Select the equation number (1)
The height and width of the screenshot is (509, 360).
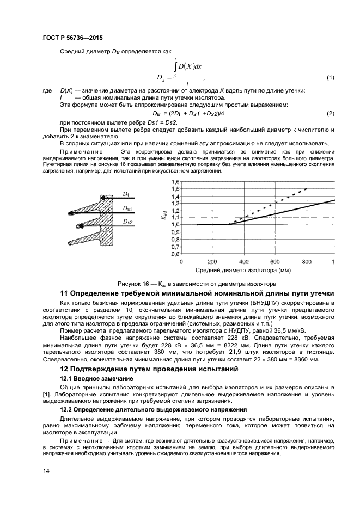pyautogui.click(x=330, y=78)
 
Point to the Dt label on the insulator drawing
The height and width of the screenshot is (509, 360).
pyautogui.click(x=125, y=193)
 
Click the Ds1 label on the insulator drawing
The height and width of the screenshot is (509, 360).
pyautogui.click(x=126, y=208)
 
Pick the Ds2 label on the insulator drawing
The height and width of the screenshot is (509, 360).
pyautogui.click(x=126, y=222)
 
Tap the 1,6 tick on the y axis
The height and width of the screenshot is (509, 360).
pyautogui.click(x=175, y=181)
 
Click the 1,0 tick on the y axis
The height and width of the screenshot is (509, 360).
pyautogui.click(x=175, y=224)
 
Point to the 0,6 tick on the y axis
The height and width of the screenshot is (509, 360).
pyautogui.click(x=175, y=253)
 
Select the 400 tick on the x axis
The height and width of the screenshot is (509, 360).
pyautogui.click(x=243, y=261)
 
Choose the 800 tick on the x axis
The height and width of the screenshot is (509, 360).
pyautogui.click(x=306, y=261)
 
